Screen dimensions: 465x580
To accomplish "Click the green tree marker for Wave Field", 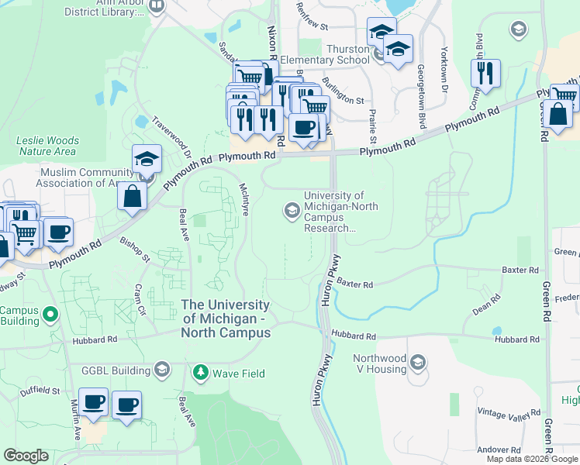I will coord(201,373).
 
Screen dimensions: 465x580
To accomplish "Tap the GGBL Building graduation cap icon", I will coord(161,369).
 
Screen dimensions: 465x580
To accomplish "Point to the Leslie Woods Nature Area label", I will coord(48,146).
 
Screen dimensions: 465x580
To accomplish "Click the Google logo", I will coord(26,456).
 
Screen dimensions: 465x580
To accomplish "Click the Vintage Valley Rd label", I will coord(509,412).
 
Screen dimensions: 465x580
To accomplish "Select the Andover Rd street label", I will coord(499,449).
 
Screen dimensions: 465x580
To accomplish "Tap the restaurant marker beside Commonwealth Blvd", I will coord(486,74).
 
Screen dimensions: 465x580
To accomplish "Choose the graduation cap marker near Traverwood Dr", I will coord(147,159).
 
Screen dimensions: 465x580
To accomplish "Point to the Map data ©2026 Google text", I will coord(532,459).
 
